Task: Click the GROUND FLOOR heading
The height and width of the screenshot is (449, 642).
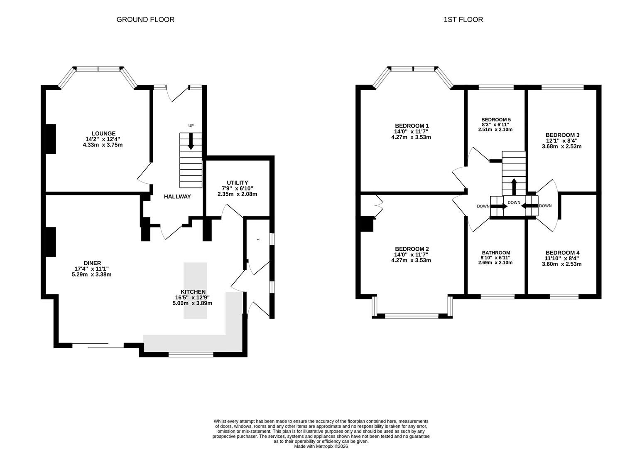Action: pos(145,20)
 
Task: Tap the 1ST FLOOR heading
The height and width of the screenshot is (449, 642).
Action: pos(463,20)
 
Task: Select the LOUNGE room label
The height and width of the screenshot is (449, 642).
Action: pos(103,133)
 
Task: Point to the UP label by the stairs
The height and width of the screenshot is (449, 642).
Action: pos(191,126)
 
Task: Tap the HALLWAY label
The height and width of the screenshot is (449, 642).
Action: pos(177,197)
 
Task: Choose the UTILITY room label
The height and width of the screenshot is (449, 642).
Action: pos(237,183)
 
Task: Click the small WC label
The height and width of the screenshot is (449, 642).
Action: pos(258,239)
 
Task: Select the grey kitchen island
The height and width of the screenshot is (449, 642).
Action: pos(195,290)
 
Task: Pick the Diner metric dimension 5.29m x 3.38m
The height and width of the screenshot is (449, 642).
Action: pos(91,274)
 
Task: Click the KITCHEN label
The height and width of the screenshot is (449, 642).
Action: pos(193,292)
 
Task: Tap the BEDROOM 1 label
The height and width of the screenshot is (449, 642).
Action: pos(412,126)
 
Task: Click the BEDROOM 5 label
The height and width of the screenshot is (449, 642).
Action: pos(496,120)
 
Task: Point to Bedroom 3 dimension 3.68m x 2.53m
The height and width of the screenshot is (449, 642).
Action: pos(561,146)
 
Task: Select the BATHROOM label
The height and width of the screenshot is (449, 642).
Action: pos(496,253)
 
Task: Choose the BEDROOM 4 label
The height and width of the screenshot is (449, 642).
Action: pos(562,252)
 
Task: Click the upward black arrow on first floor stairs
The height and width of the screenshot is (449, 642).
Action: pos(514,187)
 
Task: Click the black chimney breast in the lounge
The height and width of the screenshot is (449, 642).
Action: pos(51,139)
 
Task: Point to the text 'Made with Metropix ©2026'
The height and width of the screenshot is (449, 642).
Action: pos(321,447)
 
